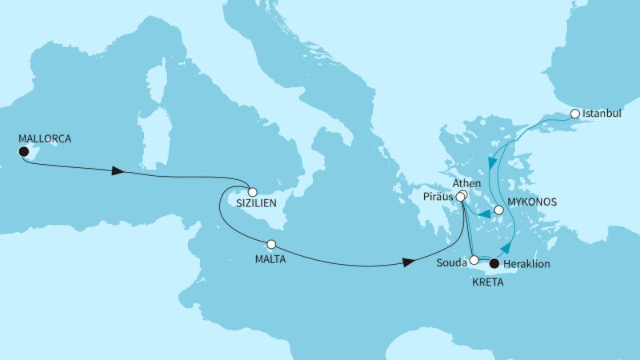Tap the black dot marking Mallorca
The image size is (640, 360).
coord(24,151)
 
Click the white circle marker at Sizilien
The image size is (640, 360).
coord(252,192)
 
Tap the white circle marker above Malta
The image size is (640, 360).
coord(271,245)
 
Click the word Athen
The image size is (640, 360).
coord(466,182)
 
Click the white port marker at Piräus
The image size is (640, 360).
coord(461,194)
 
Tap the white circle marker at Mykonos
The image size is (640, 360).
coord(498,210)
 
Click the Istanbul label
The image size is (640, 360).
coord(603,114)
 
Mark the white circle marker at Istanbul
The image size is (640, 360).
coord(574,114)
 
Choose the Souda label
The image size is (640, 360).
coord(453,262)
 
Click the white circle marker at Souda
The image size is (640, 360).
coord(474,260)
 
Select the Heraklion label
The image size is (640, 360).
coord(529,263)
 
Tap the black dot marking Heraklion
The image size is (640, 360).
coord(494,262)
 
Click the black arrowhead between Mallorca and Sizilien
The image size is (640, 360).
coord(118,171)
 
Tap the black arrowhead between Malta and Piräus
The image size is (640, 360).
coord(409,262)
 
